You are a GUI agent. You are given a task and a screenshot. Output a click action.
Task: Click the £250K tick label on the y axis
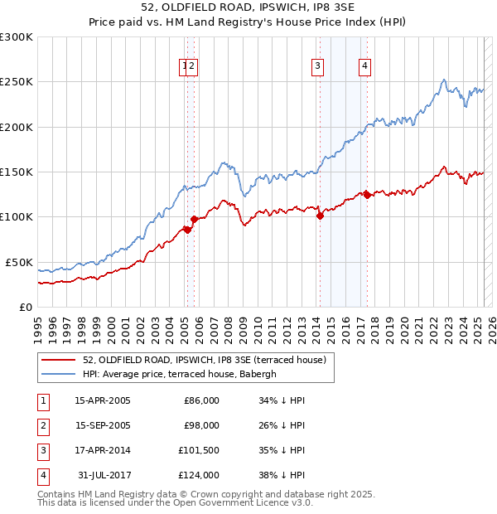(x=17, y=82)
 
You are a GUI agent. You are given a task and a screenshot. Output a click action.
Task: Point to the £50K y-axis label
(x=19, y=262)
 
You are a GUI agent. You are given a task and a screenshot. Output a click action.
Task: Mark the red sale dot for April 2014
(x=320, y=216)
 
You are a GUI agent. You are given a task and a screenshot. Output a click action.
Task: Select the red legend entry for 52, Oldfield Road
(x=205, y=360)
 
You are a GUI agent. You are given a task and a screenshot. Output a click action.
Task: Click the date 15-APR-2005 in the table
(x=103, y=400)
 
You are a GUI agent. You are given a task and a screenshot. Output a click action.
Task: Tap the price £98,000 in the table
(x=201, y=425)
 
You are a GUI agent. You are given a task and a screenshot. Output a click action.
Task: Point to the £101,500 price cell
(x=199, y=450)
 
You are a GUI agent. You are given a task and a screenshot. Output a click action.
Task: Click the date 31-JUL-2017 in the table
(x=103, y=475)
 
